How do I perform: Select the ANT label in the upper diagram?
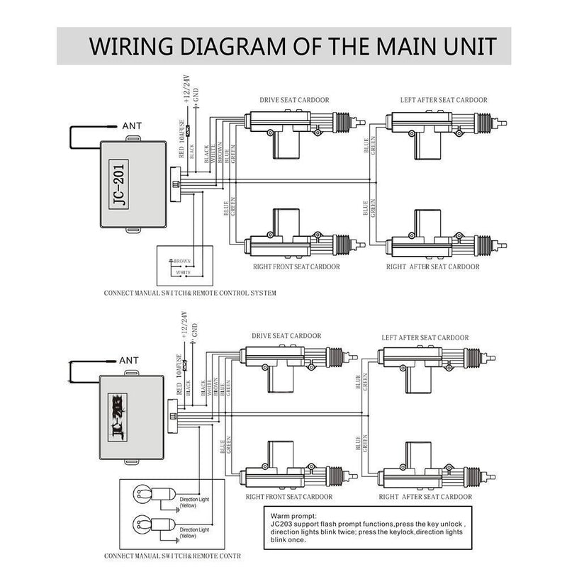pyautogui.click(x=133, y=126)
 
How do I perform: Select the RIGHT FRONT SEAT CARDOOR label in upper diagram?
pyautogui.click(x=296, y=266)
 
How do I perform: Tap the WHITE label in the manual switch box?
pyautogui.click(x=182, y=271)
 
